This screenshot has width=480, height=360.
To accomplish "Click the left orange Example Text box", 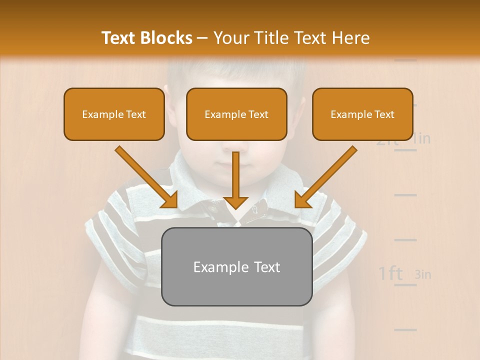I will (x=114, y=114).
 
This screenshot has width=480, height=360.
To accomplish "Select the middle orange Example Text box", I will (x=236, y=114).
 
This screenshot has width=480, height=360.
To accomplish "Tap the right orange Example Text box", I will (x=362, y=114).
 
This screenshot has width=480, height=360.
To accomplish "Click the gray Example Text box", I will (x=236, y=266).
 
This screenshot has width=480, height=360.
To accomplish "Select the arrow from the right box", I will (x=325, y=177).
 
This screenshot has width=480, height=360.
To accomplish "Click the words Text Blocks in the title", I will (x=147, y=38).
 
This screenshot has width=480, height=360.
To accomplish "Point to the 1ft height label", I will (x=390, y=273).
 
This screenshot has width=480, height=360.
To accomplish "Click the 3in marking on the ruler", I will (x=423, y=274).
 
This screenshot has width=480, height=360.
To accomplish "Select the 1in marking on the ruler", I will (x=421, y=138).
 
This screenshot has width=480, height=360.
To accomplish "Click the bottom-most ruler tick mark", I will (x=405, y=329).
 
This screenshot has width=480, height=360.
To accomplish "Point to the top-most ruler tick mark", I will (x=405, y=60).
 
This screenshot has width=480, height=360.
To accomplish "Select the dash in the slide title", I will (x=203, y=38).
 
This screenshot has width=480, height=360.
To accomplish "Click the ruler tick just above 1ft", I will (x=405, y=240).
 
